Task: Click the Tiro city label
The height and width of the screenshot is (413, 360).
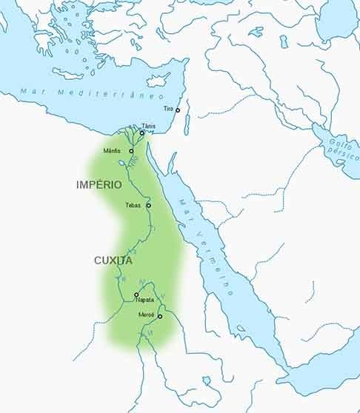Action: [x=168, y=107]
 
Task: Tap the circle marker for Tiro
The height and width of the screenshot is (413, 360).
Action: [x=178, y=110]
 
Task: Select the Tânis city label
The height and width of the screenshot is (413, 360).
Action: [x=149, y=127]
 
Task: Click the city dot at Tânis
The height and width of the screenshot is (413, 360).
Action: [x=142, y=133]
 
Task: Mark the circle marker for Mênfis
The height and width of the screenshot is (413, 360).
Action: [x=131, y=151]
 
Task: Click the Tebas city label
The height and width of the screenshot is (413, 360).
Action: [x=134, y=205]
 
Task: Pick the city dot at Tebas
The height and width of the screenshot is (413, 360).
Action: [x=148, y=205]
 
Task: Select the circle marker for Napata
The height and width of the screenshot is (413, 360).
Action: [x=136, y=295]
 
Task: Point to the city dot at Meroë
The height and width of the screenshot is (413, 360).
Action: [x=159, y=316]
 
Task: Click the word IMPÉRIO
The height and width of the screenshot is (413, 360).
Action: [x=99, y=184]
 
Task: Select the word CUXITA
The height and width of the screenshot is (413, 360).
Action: [x=113, y=261]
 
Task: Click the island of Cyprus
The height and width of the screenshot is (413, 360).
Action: [x=158, y=78]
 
